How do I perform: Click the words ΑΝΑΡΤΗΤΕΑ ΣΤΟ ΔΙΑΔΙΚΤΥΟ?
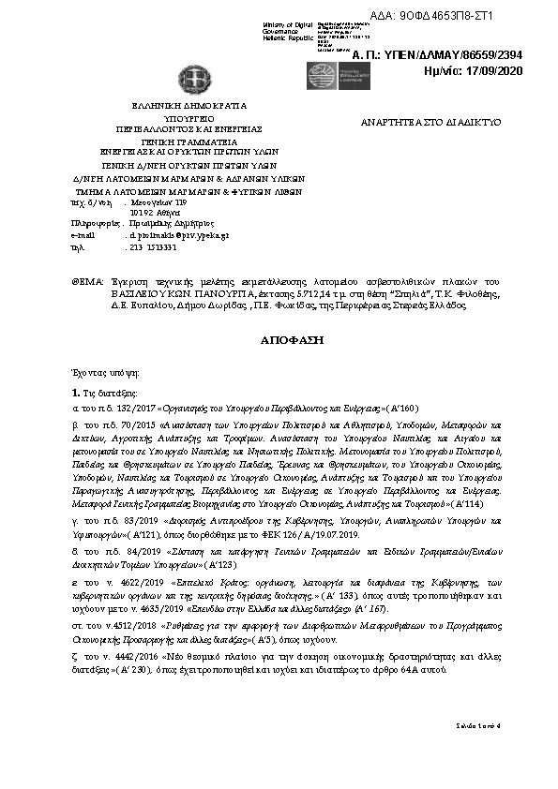pos(431,123)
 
